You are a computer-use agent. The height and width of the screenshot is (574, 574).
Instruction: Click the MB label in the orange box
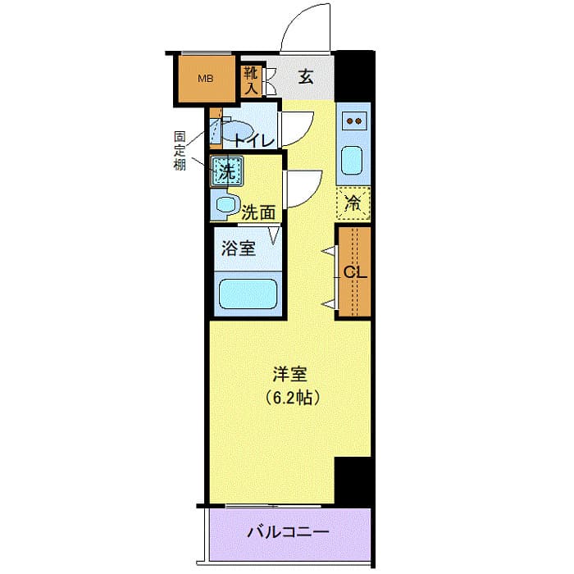tap(206, 79)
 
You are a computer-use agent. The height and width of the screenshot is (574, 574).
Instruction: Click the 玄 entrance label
tap(306, 78)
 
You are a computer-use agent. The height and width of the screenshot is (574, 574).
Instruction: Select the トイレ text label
tap(253, 140)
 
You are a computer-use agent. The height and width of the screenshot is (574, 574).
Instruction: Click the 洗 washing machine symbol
tap(225, 171)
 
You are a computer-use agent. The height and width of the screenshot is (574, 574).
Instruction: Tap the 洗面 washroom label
tap(258, 212)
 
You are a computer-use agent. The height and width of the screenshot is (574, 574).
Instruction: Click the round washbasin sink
tap(225, 204)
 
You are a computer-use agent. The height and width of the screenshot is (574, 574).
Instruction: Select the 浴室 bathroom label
tap(239, 248)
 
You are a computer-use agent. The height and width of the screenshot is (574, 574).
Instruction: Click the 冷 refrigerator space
tap(353, 204)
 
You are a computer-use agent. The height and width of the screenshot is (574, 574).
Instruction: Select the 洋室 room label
tap(289, 375)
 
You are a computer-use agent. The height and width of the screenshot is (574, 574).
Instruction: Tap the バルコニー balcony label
tap(289, 532)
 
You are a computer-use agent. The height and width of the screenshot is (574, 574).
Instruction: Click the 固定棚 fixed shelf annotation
tap(179, 150)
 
